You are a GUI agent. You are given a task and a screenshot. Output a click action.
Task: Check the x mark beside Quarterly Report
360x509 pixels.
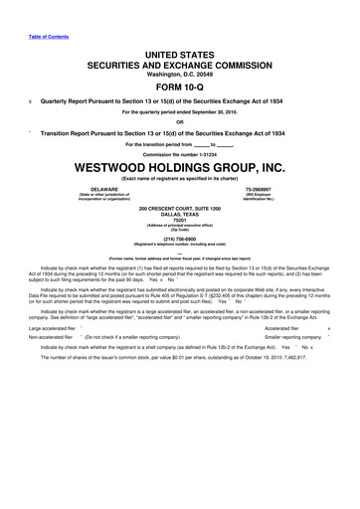click(x=32, y=99)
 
